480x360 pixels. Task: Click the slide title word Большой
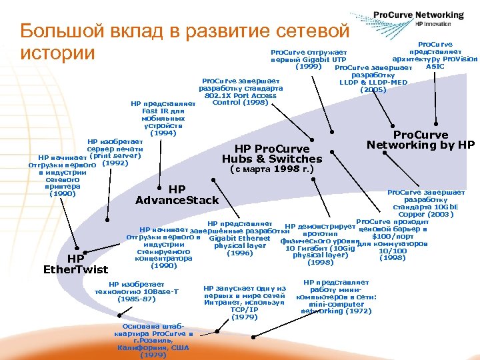(x=59, y=31)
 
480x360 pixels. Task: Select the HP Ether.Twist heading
(x=75, y=264)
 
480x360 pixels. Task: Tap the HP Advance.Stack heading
(x=177, y=195)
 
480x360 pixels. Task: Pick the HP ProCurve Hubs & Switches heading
(x=271, y=154)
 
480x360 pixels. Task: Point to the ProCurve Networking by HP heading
(x=421, y=140)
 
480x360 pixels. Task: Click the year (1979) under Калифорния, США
(x=153, y=355)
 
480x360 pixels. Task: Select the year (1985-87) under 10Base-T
(x=137, y=299)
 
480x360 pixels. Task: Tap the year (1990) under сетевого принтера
(x=62, y=194)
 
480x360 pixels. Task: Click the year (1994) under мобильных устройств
(x=164, y=133)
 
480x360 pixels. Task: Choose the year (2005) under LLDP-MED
(x=373, y=89)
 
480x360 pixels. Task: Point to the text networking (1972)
(x=336, y=311)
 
